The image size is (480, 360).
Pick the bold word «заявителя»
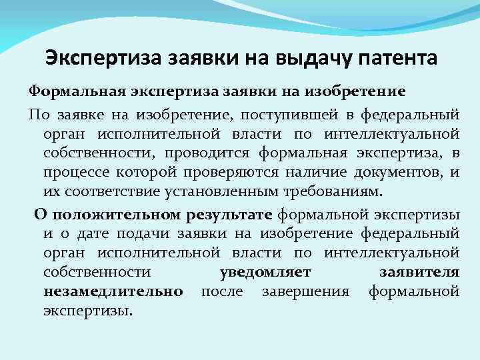(x=427, y=272)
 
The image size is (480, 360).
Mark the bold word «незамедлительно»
(x=113, y=291)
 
